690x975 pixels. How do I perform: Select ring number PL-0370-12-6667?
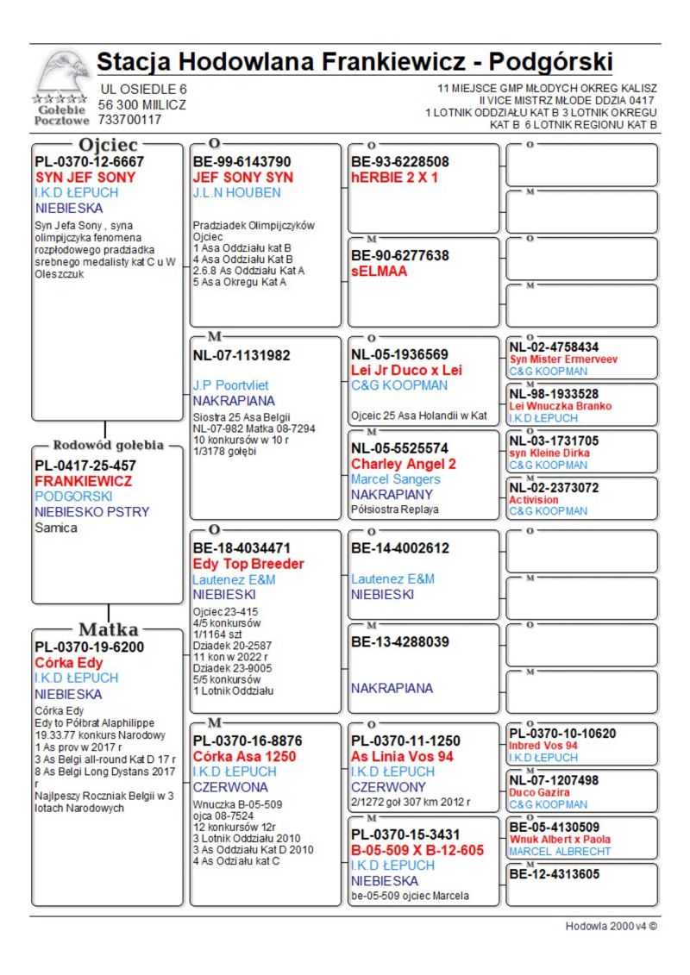click(x=89, y=162)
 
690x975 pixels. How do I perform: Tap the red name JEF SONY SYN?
click(x=242, y=178)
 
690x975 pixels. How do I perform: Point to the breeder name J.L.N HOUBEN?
click(x=236, y=193)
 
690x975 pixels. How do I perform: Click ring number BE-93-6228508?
click(x=399, y=162)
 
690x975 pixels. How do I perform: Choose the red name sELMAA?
click(x=379, y=272)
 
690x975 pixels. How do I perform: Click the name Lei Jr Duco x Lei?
click(x=406, y=370)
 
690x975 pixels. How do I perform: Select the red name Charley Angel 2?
click(x=404, y=464)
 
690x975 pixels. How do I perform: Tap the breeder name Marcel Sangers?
click(x=395, y=479)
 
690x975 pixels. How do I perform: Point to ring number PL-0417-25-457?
click(x=85, y=466)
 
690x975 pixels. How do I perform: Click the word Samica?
click(x=56, y=528)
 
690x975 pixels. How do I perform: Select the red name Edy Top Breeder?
click(x=248, y=564)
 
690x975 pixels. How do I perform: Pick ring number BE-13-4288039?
click(x=399, y=642)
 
